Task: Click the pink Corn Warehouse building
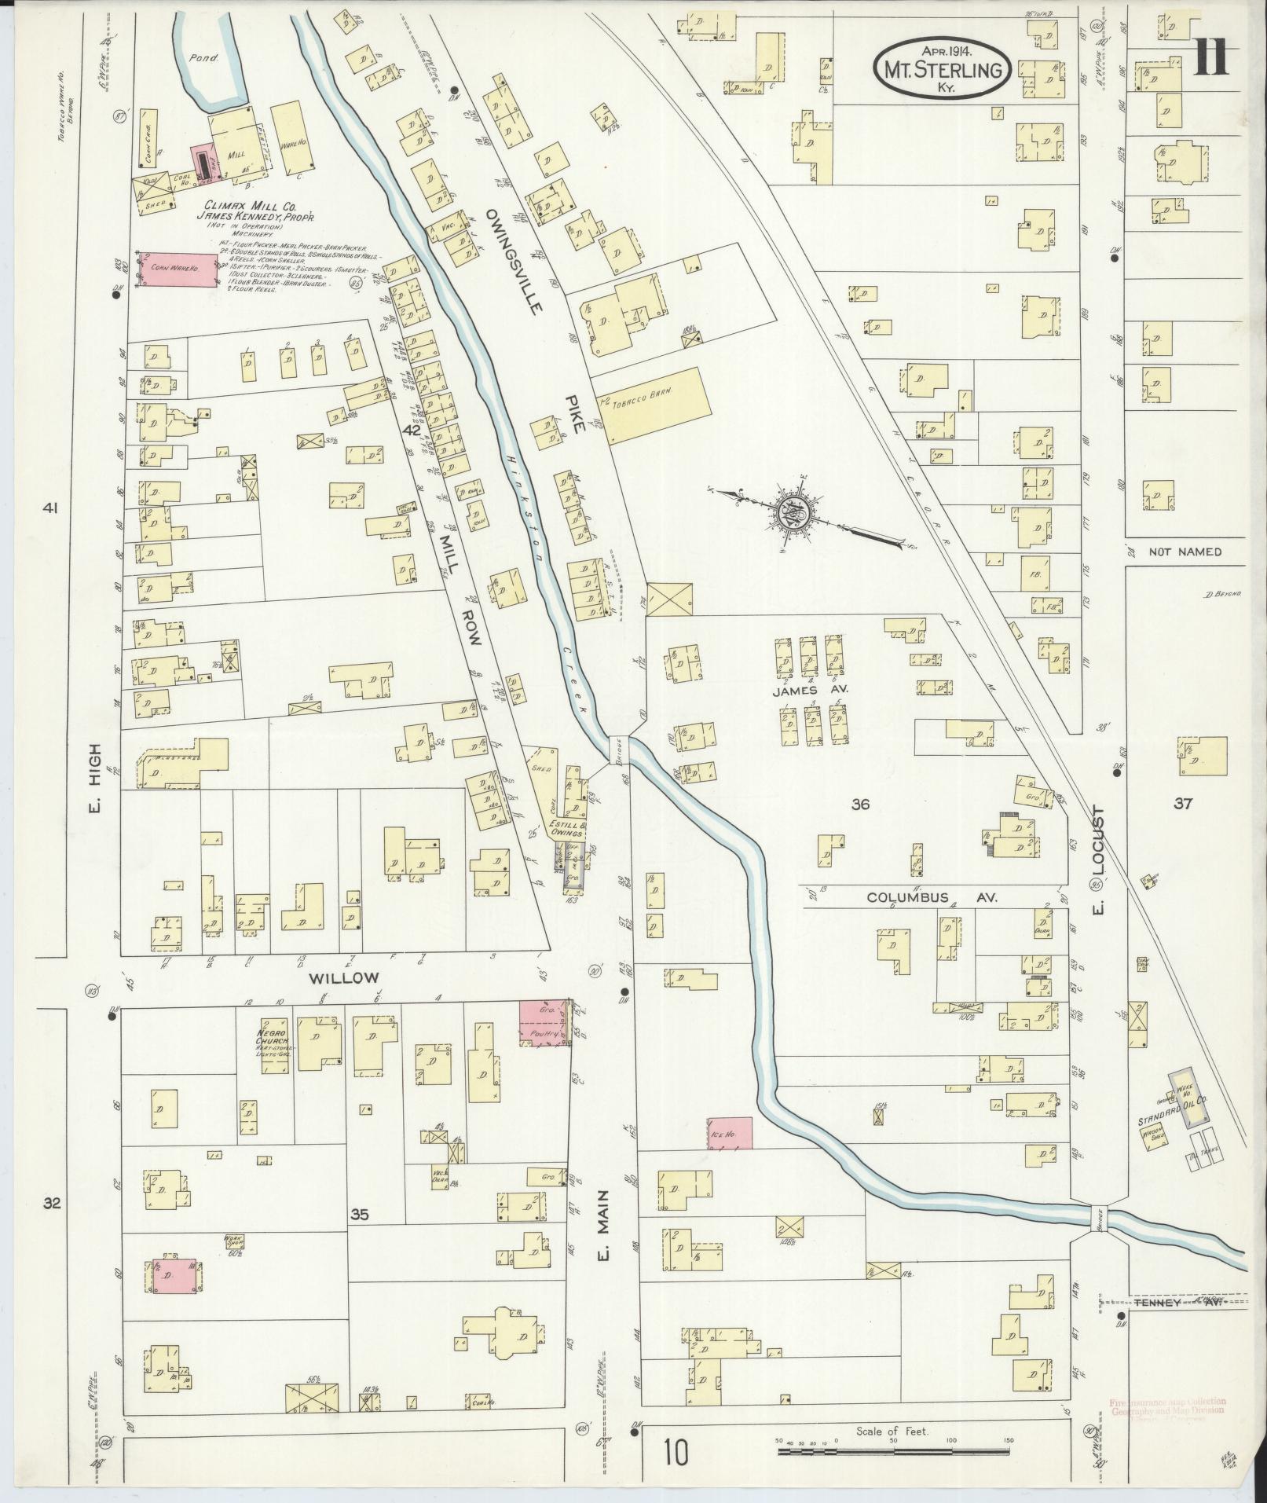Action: (178, 269)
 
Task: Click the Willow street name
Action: (344, 978)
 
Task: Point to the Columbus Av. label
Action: (932, 897)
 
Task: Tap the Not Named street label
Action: (1185, 552)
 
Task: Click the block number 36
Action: (861, 804)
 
